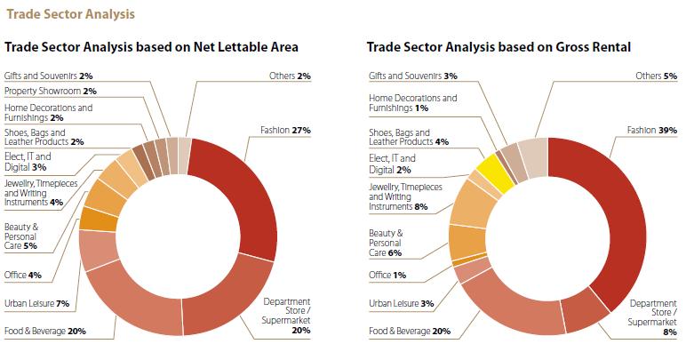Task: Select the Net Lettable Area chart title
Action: point(151,45)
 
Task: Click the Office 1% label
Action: point(387,275)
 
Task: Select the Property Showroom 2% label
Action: point(51,91)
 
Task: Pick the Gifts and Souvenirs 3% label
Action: point(413,76)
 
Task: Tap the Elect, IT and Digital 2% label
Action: point(392,164)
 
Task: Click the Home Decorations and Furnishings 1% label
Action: point(413,103)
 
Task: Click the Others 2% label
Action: point(290,76)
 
